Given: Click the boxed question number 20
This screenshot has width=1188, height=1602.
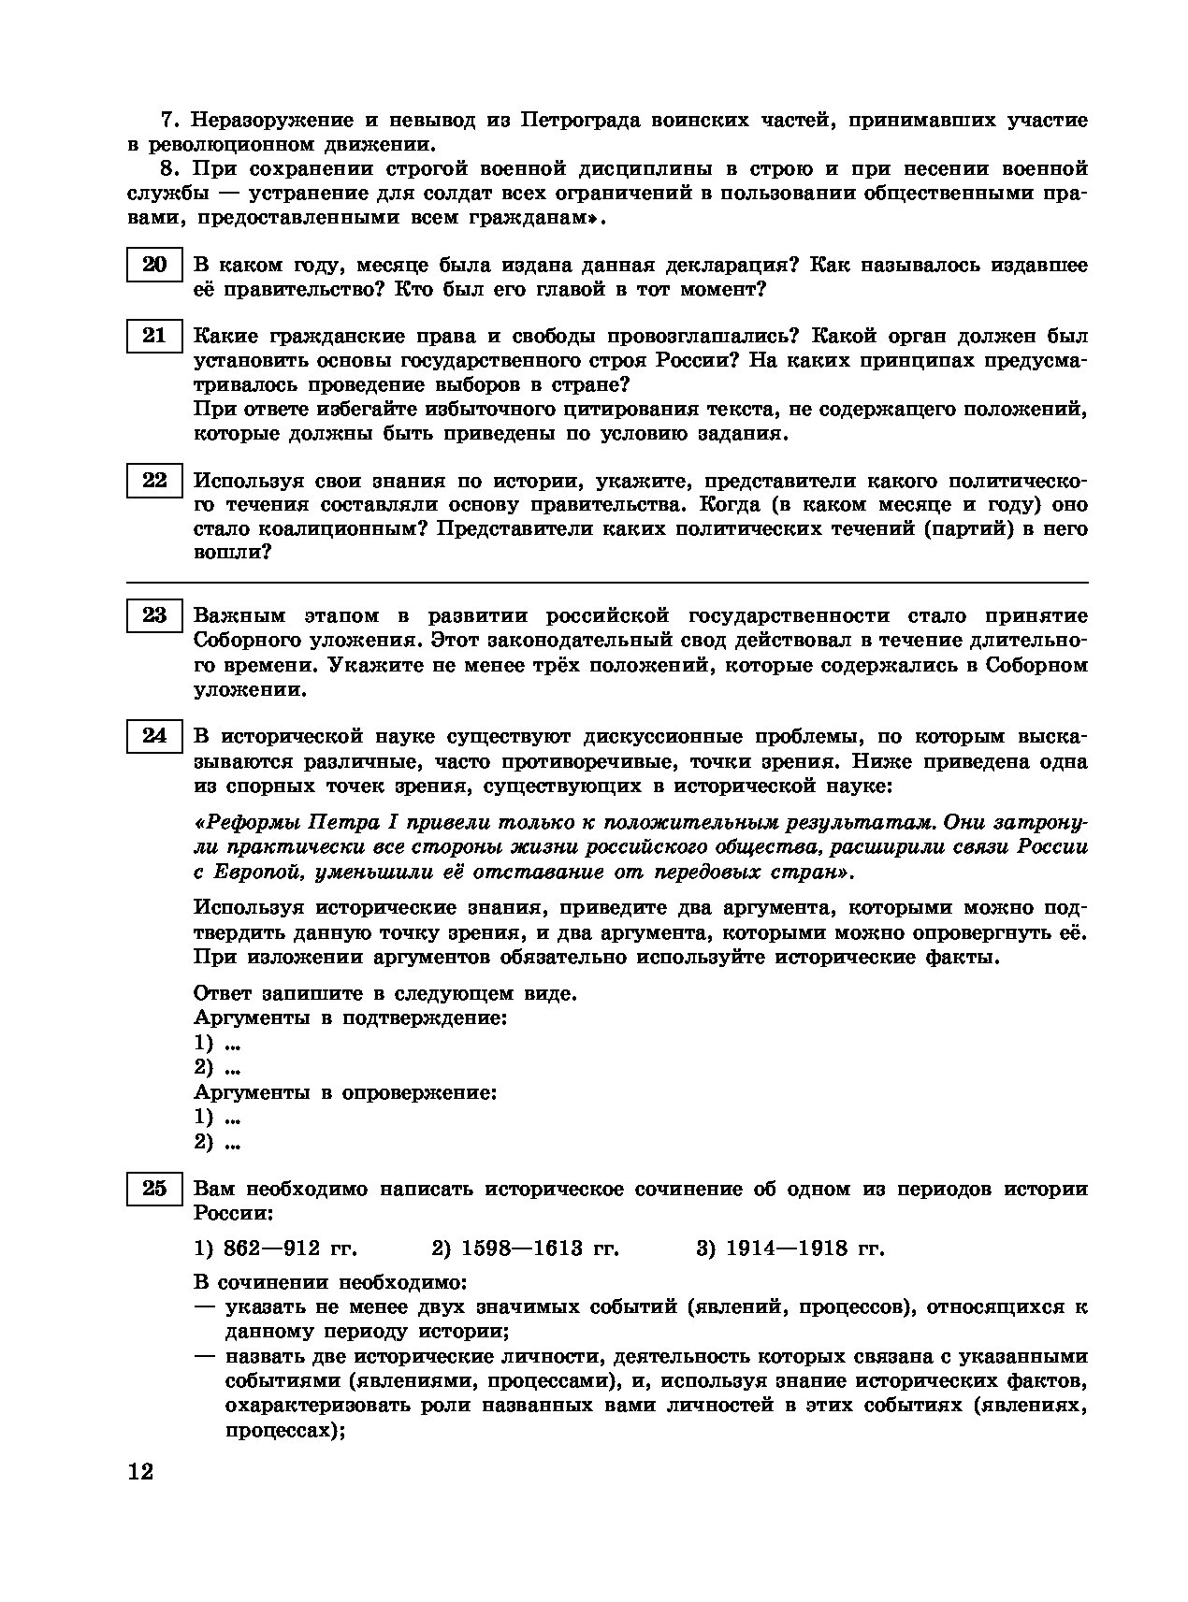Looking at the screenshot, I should (154, 266).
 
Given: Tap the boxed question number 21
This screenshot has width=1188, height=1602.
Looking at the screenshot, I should (154, 337).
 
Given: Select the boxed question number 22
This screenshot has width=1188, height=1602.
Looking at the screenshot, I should (154, 482).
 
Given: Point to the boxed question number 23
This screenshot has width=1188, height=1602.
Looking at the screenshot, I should (154, 616).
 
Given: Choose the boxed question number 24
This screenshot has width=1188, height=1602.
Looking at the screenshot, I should (154, 737).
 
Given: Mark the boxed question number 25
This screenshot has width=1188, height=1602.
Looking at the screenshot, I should (154, 1190).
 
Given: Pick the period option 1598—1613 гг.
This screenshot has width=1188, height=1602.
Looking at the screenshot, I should (525, 1248).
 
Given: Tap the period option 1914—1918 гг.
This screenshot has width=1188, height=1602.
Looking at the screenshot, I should (790, 1248).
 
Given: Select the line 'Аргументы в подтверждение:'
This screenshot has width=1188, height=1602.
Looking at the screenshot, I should (350, 1018).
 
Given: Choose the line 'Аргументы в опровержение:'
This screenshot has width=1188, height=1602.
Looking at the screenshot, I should (344, 1092).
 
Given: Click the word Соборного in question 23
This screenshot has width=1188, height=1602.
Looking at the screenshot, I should (245, 642).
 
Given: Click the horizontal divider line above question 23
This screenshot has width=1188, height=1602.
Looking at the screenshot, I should (607, 583).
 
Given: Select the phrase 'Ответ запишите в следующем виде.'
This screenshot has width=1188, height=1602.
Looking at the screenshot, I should (384, 993).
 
